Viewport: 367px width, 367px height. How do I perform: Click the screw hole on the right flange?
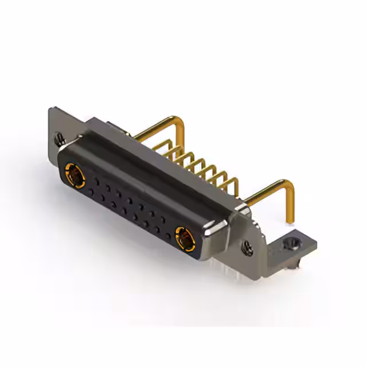(x=248, y=249)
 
